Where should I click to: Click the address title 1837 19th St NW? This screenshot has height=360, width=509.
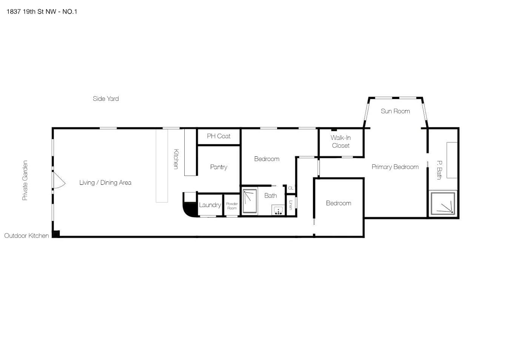[31, 12]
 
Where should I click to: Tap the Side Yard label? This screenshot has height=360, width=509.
[106, 99]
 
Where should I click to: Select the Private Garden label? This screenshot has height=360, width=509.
[25, 181]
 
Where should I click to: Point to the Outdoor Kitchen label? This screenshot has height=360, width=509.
[26, 236]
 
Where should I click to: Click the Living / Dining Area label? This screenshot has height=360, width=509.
[105, 182]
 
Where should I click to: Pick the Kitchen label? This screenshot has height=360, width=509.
[176, 159]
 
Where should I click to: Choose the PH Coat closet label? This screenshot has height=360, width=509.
[219, 136]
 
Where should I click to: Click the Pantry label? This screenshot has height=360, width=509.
[219, 167]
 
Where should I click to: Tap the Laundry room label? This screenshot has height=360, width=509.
[210, 205]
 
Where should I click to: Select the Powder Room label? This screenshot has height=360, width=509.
[232, 206]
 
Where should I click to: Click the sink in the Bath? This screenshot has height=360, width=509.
[278, 210]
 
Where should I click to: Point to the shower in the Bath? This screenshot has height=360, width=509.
[250, 201]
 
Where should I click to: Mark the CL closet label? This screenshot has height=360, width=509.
[291, 188]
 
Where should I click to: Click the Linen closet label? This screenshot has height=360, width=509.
[291, 205]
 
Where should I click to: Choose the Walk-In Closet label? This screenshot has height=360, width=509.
[341, 142]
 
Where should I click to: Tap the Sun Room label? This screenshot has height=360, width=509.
[395, 111]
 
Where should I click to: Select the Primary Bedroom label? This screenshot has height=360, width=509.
[395, 167]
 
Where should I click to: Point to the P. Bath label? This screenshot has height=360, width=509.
[440, 170]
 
